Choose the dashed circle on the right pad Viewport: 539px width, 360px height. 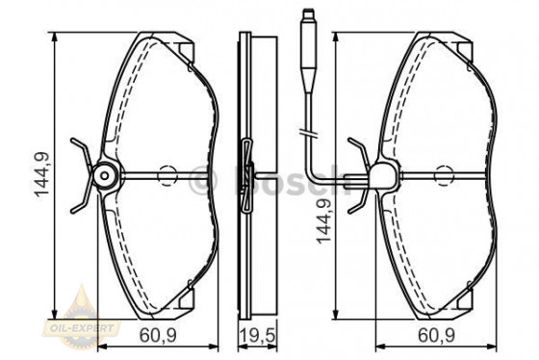point(444,175)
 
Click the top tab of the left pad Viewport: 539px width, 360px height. point(180,44)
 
